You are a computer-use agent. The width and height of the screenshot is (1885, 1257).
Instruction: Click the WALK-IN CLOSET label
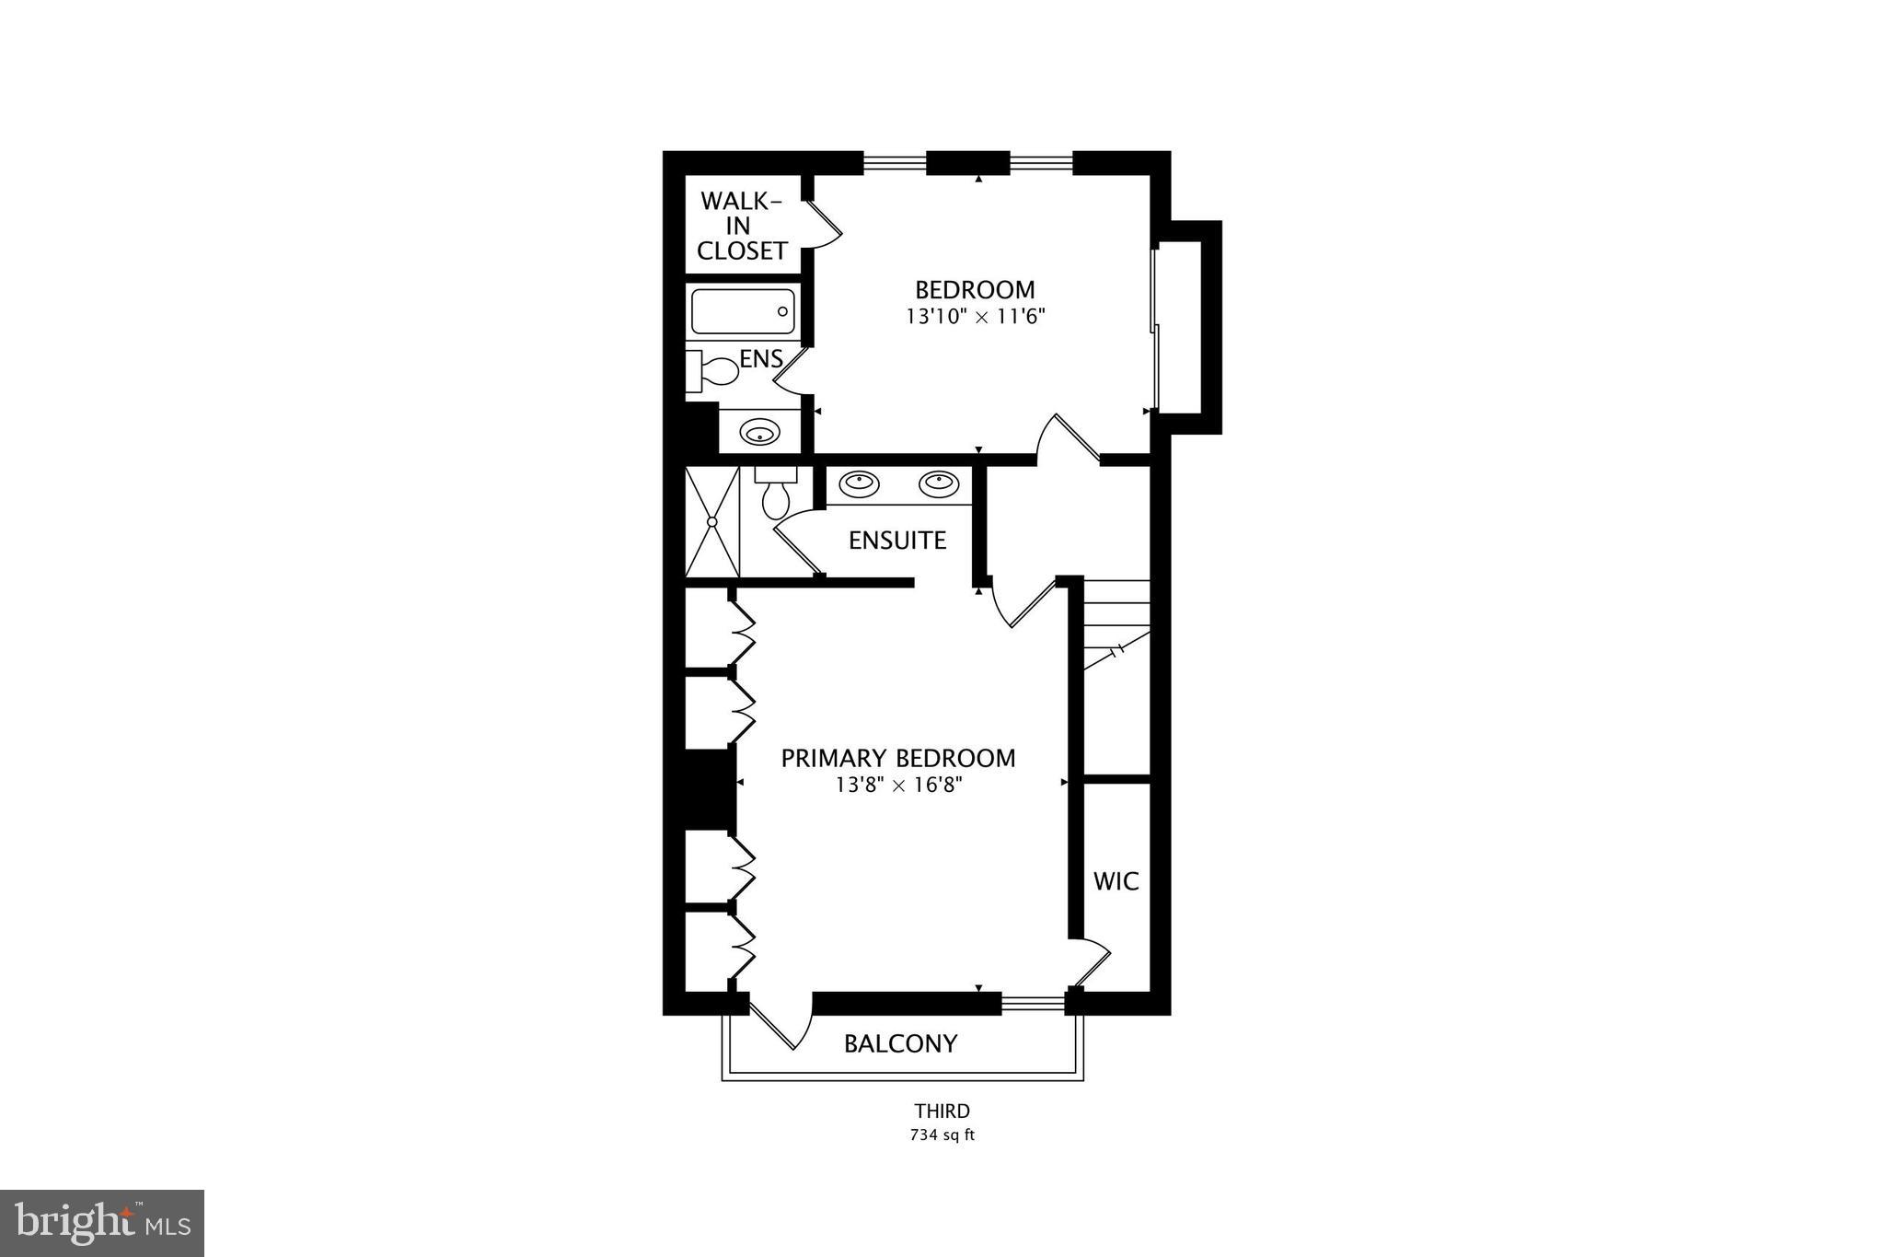pyautogui.click(x=742, y=226)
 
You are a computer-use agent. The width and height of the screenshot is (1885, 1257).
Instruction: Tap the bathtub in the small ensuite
pyautogui.click(x=743, y=311)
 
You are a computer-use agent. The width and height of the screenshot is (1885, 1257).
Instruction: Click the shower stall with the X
pyautogui.click(x=712, y=521)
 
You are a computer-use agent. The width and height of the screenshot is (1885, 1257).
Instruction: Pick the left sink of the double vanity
pyautogui.click(x=859, y=483)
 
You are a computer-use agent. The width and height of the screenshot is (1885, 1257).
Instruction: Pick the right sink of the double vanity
pyautogui.click(x=939, y=483)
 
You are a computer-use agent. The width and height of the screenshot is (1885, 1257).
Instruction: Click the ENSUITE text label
pyautogui.click(x=896, y=541)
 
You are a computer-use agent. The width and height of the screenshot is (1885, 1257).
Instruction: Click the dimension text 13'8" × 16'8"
pyautogui.click(x=898, y=786)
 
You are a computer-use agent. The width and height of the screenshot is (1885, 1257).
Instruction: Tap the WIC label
pyautogui.click(x=1116, y=881)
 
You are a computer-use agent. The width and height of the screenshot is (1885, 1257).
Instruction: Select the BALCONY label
pyautogui.click(x=900, y=1043)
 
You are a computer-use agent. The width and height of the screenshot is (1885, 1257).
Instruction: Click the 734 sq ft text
pyautogui.click(x=942, y=1135)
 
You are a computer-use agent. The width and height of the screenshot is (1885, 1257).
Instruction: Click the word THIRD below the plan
pyautogui.click(x=942, y=1112)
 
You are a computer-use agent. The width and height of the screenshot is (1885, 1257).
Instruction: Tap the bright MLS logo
pyautogui.click(x=102, y=1223)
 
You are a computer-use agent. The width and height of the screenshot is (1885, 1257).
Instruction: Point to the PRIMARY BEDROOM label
pyautogui.click(x=897, y=759)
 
